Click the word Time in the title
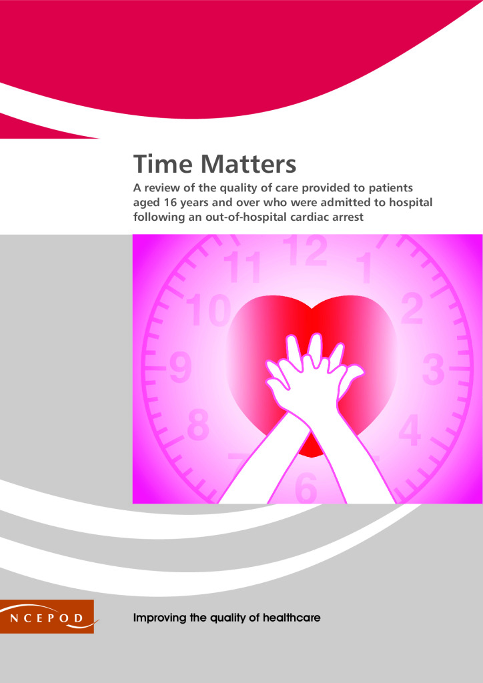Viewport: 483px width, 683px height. (x=163, y=164)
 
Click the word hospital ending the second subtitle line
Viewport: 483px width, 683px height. (x=412, y=203)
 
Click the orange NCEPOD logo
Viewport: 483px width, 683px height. (x=47, y=616)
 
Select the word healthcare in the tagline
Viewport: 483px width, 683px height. (x=297, y=617)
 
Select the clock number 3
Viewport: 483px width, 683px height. (x=434, y=368)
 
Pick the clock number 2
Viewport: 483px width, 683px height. (x=412, y=308)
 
